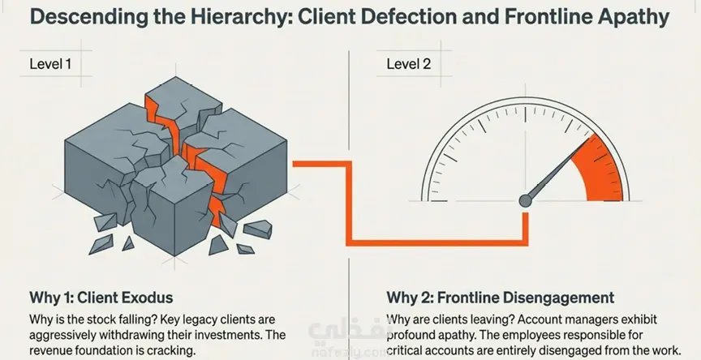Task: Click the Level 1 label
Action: (50, 64)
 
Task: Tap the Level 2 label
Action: (409, 64)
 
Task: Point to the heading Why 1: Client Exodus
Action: (101, 298)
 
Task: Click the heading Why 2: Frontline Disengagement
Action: (501, 298)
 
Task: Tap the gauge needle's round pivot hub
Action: (525, 200)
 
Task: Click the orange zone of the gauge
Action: (601, 172)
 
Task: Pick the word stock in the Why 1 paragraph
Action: (91, 319)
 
